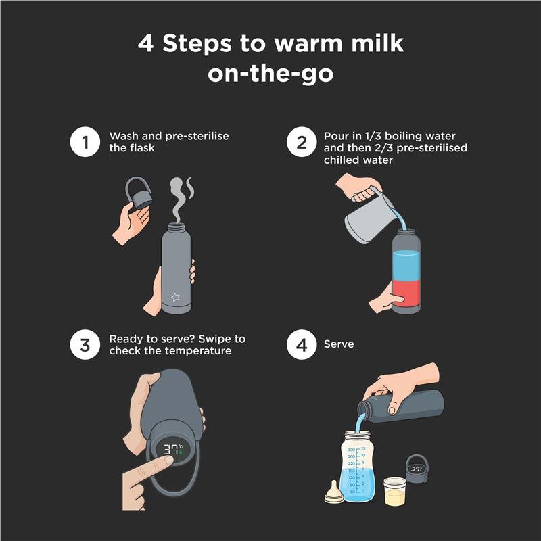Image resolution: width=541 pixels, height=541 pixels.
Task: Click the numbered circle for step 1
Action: pyautogui.click(x=85, y=142)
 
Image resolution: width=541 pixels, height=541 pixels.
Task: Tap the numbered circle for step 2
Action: pyautogui.click(x=302, y=142)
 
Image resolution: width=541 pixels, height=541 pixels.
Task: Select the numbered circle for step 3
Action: pyautogui.click(x=85, y=345)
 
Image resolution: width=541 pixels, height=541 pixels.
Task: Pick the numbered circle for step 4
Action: pyautogui.click(x=302, y=345)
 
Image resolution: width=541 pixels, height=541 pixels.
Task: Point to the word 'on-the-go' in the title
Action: pyautogui.click(x=270, y=74)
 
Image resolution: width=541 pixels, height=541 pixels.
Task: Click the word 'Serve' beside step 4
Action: pyautogui.click(x=339, y=344)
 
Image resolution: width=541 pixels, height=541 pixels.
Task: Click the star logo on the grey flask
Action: pyautogui.click(x=176, y=297)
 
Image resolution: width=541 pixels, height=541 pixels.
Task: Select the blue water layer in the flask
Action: pyautogui.click(x=406, y=265)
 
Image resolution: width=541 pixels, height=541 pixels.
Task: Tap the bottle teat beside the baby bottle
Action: pyautogui.click(x=333, y=492)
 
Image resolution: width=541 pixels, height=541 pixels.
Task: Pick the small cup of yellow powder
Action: pyautogui.click(x=395, y=492)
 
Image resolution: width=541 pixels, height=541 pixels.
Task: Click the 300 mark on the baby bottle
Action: pyautogui.click(x=351, y=450)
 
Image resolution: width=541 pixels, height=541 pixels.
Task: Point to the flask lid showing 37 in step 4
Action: pyautogui.click(x=417, y=469)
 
